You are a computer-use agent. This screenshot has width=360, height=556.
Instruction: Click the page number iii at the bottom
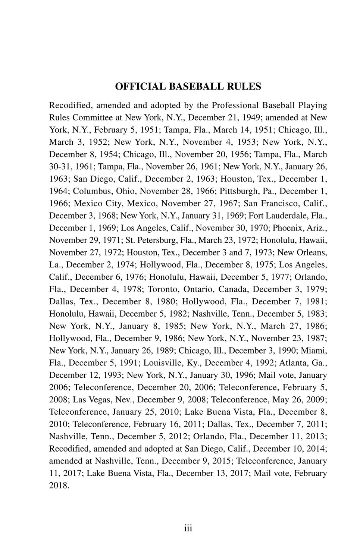tap(188, 528)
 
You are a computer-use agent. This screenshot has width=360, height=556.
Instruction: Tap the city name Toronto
tap(163, 289)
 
